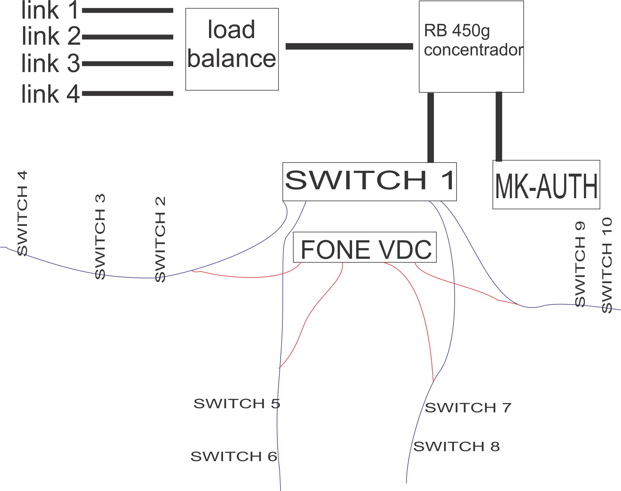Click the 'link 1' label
50,11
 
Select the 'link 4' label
50,94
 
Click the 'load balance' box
232,49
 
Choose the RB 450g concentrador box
471,46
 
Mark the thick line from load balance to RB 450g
349,46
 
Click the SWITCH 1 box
369,181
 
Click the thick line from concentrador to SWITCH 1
430,127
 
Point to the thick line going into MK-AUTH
499,126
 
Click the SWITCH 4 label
23,213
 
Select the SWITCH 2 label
160,239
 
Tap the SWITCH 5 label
237,404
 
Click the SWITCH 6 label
234,457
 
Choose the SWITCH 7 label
468,408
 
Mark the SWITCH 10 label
607,265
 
